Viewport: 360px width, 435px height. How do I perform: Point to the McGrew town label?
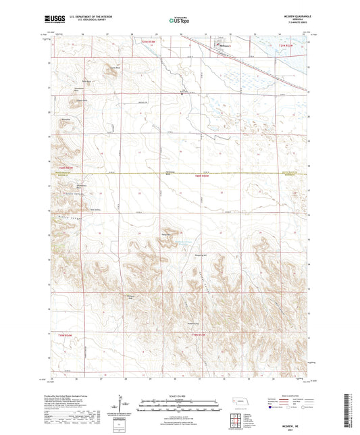(224, 46)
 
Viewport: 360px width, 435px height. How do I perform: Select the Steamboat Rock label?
(78, 89)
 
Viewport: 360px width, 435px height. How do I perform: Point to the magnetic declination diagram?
(126, 404)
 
